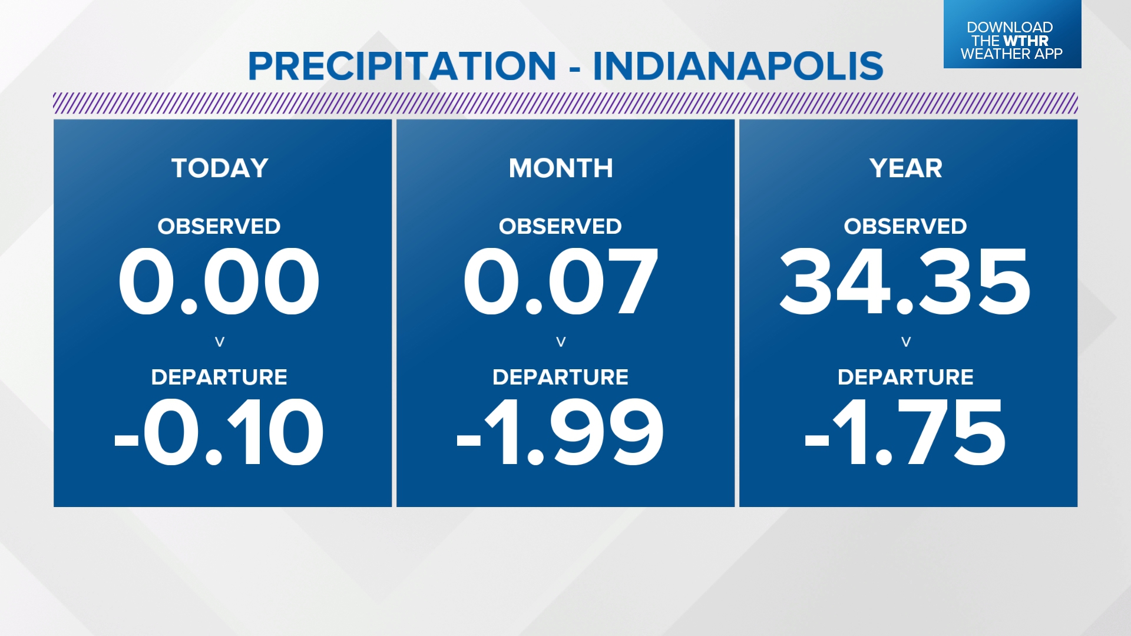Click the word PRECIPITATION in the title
point(402,66)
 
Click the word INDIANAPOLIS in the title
point(738,66)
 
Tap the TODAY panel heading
point(220,168)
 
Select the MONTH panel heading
point(561,168)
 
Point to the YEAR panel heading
point(906,168)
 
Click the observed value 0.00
point(219,281)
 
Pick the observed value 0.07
point(561,281)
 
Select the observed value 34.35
point(905,281)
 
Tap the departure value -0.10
point(219,432)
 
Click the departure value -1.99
point(561,432)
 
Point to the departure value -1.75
point(905,432)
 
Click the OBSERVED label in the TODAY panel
point(219,227)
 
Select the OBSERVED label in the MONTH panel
point(560,227)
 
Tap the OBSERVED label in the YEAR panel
point(905,227)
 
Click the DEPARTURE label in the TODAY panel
point(219,377)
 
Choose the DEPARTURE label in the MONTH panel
point(560,377)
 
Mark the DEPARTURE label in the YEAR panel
point(905,377)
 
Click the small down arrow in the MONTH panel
point(561,342)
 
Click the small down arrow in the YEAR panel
point(906,342)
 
